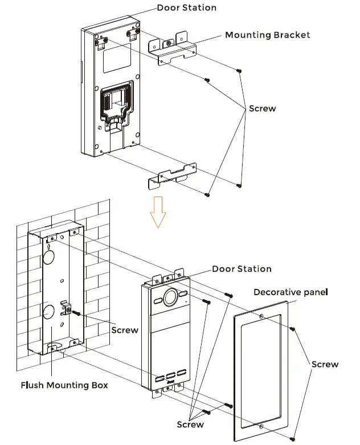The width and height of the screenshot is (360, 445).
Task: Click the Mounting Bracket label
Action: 267,35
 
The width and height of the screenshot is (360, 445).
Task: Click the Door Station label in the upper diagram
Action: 186,7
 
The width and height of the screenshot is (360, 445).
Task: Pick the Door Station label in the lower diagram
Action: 242,269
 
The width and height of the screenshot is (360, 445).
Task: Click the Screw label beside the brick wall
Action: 125,330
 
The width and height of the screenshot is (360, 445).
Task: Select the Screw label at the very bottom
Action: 190,424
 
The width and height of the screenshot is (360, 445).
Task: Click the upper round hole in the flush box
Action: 48,258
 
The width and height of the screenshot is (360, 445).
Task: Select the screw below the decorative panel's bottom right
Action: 292,438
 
